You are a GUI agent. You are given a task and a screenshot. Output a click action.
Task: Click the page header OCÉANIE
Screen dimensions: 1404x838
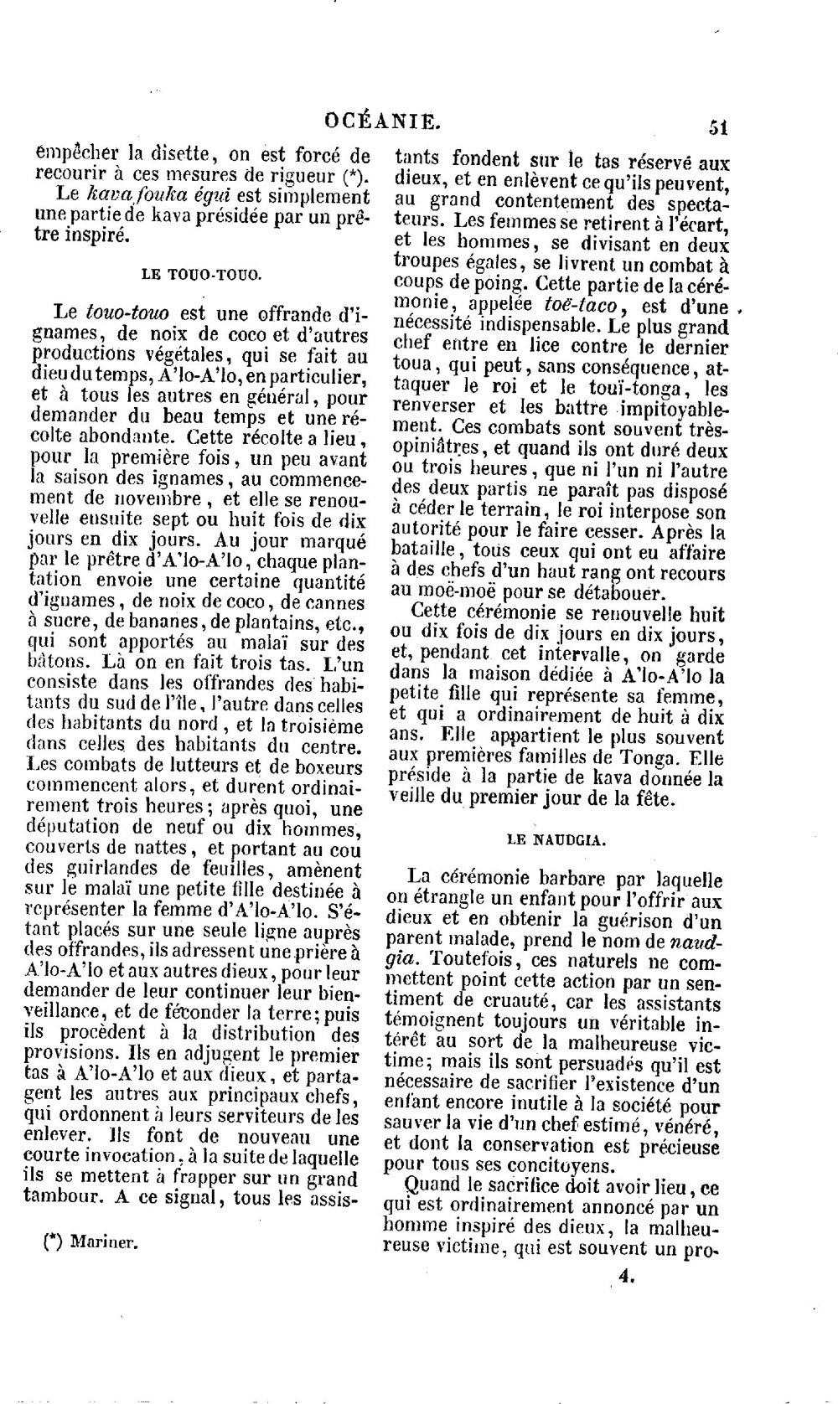click(381, 122)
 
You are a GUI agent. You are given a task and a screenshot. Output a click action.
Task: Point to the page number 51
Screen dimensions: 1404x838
click(718, 127)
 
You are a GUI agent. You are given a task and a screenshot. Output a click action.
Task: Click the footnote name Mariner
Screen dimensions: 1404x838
click(104, 1242)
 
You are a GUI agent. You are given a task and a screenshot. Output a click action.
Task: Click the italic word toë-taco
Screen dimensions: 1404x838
click(582, 305)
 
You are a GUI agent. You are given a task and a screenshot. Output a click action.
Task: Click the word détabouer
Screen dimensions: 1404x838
click(615, 593)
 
